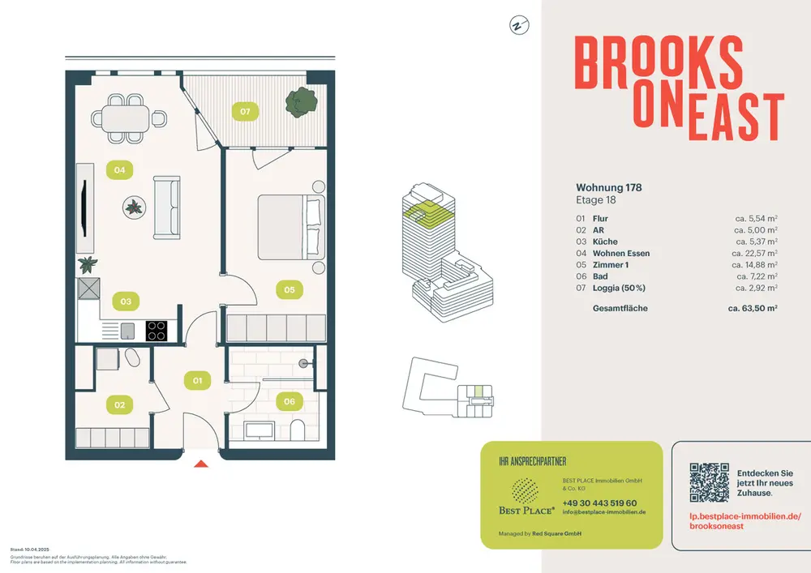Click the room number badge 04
click(119, 170)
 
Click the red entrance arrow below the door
click(201, 464)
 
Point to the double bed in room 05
click(291, 226)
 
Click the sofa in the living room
click(166, 207)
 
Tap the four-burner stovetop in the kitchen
click(157, 330)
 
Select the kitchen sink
click(127, 330)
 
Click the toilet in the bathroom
click(296, 428)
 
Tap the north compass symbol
click(516, 25)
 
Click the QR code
click(709, 482)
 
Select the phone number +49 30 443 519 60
click(599, 503)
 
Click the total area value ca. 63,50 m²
click(752, 309)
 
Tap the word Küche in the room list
click(605, 242)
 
